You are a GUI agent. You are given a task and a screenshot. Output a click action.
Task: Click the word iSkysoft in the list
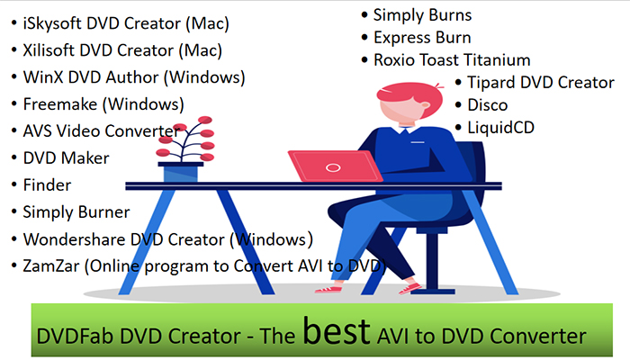click(52, 23)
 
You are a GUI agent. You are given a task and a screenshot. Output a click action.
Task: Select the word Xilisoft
click(49, 50)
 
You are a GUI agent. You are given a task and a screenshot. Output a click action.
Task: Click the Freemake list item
click(103, 104)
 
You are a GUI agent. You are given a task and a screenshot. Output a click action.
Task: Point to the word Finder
click(47, 185)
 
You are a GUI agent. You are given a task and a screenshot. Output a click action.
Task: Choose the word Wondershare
click(74, 239)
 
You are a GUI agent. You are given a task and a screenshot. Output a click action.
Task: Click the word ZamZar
click(51, 266)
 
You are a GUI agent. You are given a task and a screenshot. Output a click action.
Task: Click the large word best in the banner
click(336, 330)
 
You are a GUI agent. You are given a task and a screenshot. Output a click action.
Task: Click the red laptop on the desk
click(335, 166)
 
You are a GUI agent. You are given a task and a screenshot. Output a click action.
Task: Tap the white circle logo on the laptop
click(333, 167)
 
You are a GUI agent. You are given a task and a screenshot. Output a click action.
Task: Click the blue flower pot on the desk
click(180, 172)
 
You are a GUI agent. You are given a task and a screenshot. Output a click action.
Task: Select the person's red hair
click(408, 94)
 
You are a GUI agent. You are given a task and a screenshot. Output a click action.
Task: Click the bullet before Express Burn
click(364, 38)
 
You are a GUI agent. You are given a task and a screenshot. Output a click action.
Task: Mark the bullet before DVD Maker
click(14, 157)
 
